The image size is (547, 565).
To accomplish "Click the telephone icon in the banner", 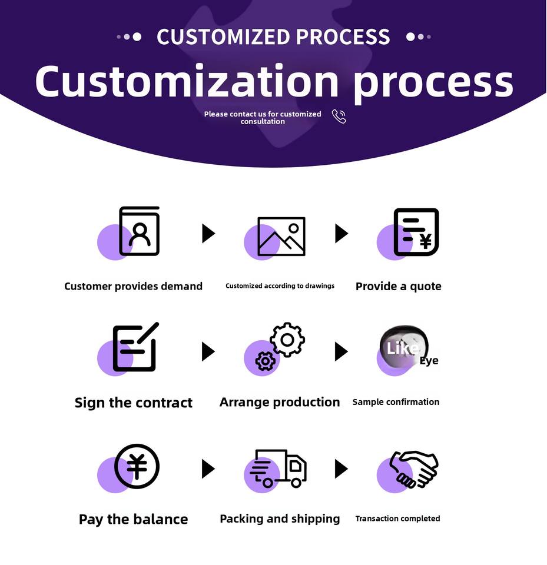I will coord(339,116).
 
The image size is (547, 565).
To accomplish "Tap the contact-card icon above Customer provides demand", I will coord(140,231).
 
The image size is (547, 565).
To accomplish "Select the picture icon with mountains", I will coord(281,236).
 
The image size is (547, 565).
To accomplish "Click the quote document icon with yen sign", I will coord(416,232).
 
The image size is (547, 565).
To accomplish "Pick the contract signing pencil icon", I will coord(135,347).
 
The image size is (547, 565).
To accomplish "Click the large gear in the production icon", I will coord(287,339).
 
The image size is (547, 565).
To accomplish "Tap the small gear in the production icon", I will coord(266,361).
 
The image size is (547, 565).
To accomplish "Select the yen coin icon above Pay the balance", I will coord(137,467).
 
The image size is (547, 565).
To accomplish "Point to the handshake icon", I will coord(414,469).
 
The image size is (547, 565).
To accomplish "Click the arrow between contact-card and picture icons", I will coord(208,233).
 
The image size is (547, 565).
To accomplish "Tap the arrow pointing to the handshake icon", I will coord(341,468).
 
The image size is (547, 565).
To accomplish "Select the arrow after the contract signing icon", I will coord(208,351).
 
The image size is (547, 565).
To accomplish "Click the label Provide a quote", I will coord(398,287).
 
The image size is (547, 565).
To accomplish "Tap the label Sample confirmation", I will coord(396,402).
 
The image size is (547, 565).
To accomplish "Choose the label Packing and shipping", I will coord(280,519).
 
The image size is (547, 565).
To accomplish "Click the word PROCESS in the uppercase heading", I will coord(343,36).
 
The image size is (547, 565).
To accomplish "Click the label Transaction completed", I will coord(397,519).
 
